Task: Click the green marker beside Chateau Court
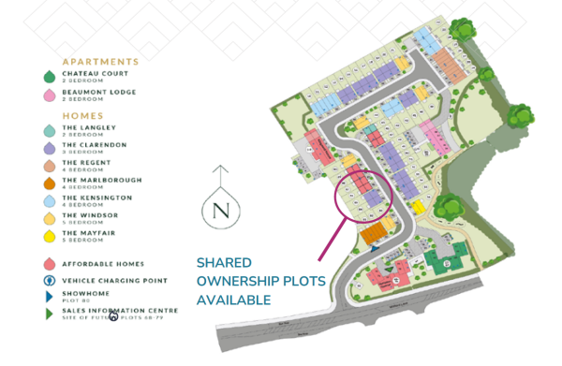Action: [x=48, y=77]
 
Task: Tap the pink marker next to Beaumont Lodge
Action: [x=48, y=95]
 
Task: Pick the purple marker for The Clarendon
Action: [x=48, y=147]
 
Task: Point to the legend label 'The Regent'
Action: [x=83, y=162]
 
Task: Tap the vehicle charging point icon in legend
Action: [x=48, y=280]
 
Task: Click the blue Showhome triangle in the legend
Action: [x=48, y=296]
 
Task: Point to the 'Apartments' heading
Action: [x=100, y=61]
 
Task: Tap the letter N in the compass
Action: [x=221, y=211]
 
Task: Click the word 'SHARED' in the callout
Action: [x=224, y=264]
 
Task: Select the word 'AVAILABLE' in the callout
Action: [x=233, y=300]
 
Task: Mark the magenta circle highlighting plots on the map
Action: [x=366, y=196]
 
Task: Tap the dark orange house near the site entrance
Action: [x=376, y=232]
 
